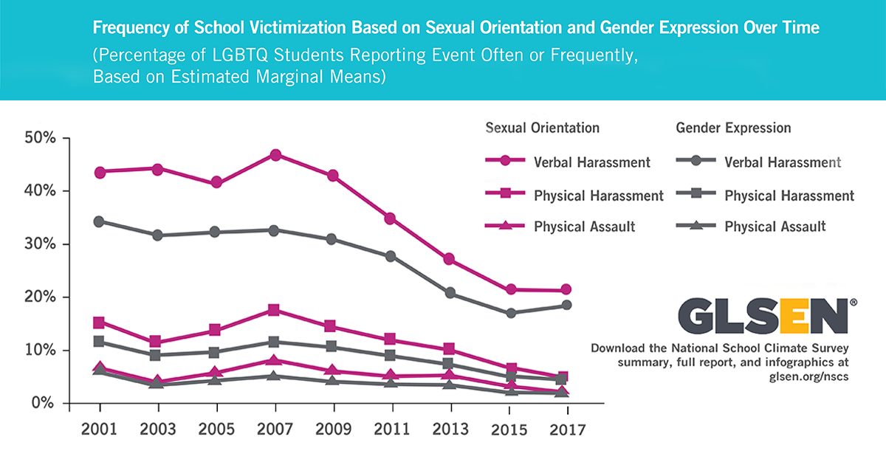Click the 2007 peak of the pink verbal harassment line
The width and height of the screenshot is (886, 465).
[275, 155]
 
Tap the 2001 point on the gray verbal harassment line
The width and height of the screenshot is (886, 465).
[99, 221]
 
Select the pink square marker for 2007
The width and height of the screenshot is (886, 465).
[275, 310]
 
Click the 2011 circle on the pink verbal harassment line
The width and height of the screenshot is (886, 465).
[391, 218]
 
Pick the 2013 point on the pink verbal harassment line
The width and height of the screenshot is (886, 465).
[450, 259]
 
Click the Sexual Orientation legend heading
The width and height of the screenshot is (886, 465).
[542, 128]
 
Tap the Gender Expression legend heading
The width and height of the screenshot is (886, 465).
[733, 128]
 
